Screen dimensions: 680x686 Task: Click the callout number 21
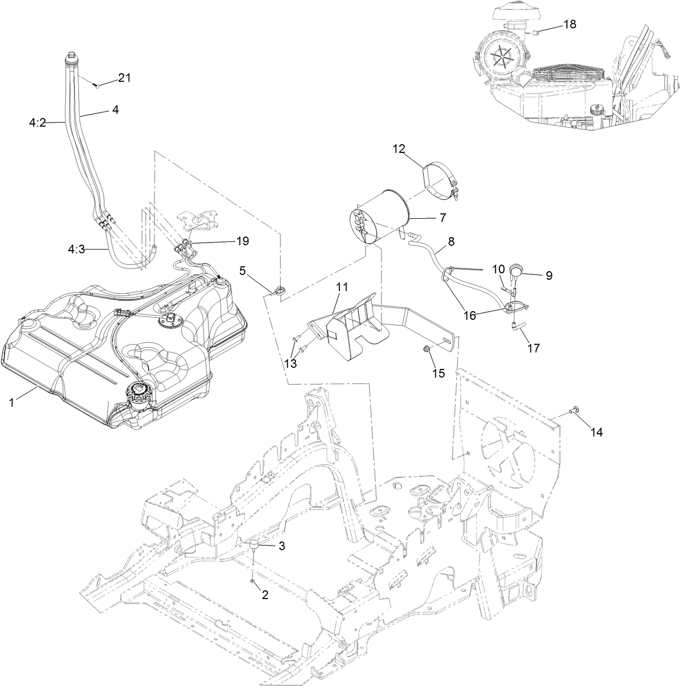124,78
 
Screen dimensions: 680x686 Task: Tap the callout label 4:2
38,123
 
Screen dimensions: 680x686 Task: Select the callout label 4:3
77,250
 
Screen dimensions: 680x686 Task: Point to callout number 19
243,241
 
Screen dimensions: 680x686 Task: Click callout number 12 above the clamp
399,149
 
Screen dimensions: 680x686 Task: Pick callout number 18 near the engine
570,24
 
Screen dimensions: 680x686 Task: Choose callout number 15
439,373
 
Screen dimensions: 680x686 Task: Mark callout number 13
290,364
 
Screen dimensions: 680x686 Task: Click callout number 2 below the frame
265,595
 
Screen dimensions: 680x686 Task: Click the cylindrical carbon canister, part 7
379,217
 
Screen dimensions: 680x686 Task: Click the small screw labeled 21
96,85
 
